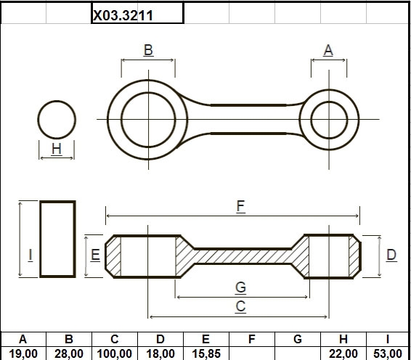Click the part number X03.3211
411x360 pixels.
tap(123, 15)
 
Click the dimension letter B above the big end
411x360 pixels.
tap(148, 50)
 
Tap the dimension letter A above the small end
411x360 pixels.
tap(328, 50)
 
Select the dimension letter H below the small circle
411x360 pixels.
tap(57, 149)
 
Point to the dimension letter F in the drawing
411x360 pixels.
tap(240, 206)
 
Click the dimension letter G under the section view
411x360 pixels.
tap(240, 287)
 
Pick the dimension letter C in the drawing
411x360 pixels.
tap(240, 306)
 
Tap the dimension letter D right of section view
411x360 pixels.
tap(391, 255)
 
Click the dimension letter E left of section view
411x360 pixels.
tap(95, 255)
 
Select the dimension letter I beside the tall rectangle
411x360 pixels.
tap(30, 255)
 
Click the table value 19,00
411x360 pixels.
tap(23, 354)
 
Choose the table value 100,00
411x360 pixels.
tap(114, 354)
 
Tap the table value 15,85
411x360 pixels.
tap(206, 354)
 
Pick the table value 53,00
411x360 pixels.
tap(388, 354)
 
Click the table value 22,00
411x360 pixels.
tap(343, 354)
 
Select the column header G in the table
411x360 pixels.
tap(298, 339)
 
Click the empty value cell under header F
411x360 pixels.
tap(252, 353)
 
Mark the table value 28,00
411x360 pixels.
tap(69, 354)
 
